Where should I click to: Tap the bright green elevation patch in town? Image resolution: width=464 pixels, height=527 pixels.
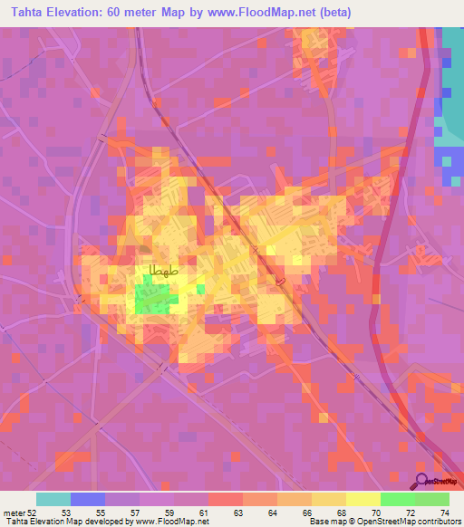[x=153, y=298]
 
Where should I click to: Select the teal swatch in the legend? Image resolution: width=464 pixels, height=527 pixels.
[x=53, y=499]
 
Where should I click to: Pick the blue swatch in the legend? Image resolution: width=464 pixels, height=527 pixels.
[x=88, y=499]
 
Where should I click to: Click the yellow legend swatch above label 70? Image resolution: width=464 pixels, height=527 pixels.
[x=363, y=499]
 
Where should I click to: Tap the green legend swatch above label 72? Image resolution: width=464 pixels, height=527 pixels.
[x=398, y=499]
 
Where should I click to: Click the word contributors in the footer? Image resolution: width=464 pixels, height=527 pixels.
[x=437, y=522]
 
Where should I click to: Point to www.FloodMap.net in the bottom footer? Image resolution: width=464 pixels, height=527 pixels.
[x=169, y=522]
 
